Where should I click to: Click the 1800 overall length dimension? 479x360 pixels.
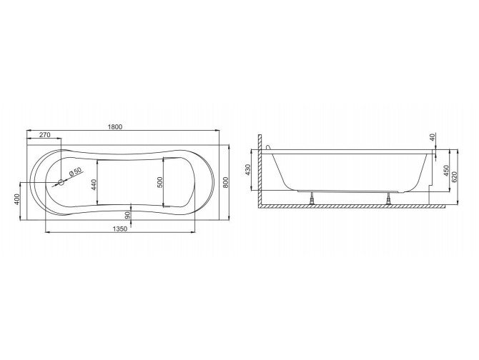115,126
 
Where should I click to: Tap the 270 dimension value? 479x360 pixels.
44,134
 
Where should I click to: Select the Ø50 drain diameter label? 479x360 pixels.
76,171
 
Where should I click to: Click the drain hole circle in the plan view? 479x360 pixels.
61,182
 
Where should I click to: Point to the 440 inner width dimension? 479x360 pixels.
94,185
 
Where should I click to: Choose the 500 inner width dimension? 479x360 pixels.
160,182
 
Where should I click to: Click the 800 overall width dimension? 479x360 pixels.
225,182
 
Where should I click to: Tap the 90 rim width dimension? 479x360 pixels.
128,216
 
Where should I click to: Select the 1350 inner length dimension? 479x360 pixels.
120,229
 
